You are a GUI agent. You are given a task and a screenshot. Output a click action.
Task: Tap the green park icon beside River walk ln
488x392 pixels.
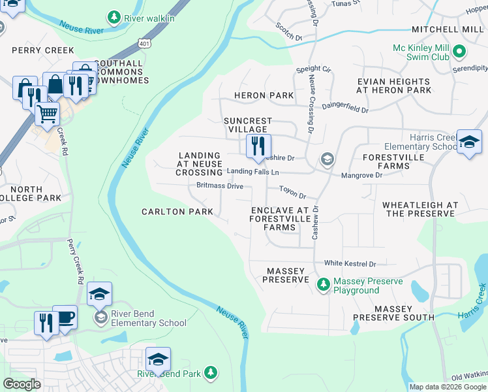coord(114,16)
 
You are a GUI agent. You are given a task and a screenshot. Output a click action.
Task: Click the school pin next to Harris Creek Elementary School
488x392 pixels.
coord(468,142)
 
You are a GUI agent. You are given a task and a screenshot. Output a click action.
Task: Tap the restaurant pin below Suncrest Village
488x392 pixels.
coord(258,146)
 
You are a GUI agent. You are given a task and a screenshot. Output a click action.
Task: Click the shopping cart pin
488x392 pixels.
coord(47,114)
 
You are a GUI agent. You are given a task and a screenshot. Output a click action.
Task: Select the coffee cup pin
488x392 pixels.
coord(65,318)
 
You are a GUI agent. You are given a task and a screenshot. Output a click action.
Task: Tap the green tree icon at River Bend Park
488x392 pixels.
coord(209,372)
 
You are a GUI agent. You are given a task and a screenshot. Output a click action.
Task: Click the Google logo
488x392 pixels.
coord(22,384)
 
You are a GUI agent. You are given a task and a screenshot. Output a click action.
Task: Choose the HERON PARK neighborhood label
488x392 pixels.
coord(264,95)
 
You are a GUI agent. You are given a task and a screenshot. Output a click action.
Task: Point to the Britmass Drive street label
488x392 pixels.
coord(220,186)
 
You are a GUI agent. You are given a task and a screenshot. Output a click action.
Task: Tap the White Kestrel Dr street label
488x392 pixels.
coord(350,264)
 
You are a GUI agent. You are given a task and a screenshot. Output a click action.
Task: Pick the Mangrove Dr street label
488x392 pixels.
coord(361,175)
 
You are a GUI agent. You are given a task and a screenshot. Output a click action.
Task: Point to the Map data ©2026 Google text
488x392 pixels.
coord(447,387)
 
